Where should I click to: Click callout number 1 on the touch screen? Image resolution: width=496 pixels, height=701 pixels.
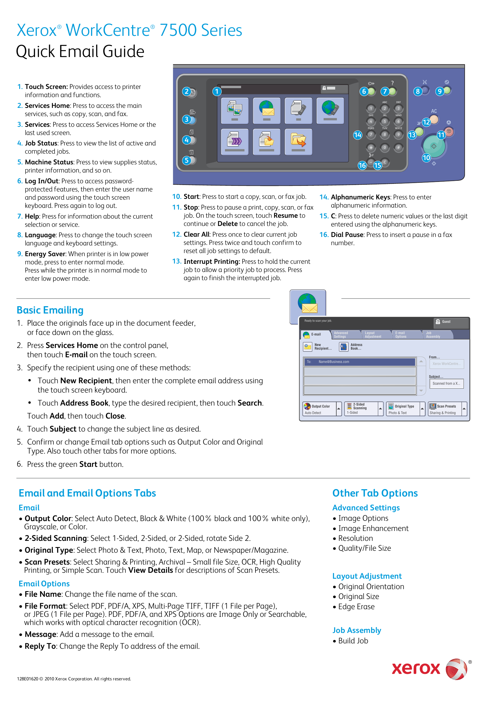217,91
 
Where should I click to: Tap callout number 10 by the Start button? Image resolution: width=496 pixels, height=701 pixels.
426,158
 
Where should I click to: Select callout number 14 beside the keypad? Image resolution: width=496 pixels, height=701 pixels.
357,135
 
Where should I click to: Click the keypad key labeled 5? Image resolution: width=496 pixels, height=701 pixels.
384,121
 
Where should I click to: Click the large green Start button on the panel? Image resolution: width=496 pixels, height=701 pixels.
434,146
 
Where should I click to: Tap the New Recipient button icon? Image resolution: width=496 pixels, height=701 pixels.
307,347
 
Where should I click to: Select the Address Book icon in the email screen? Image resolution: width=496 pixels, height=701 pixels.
343,347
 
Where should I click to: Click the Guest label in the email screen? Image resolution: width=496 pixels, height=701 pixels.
446,321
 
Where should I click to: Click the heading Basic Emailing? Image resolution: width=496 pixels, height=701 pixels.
50,310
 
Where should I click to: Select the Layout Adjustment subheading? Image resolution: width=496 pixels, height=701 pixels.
367,576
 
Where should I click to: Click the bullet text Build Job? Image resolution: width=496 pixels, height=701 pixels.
353,641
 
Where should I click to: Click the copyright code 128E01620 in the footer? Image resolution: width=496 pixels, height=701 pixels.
27,679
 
